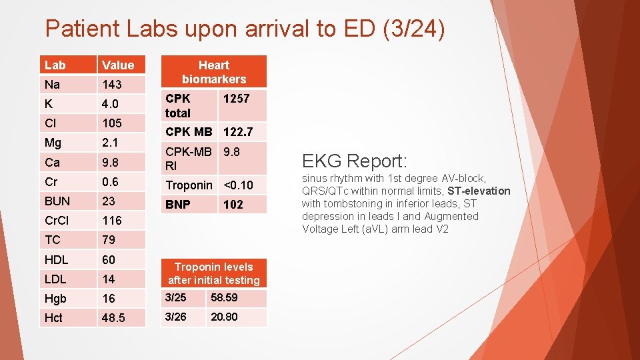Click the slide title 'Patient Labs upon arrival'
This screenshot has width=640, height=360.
tap(244, 28)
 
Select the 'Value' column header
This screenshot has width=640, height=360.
tap(118, 65)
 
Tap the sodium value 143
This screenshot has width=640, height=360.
tap(112, 85)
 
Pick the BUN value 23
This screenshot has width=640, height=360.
tap(109, 201)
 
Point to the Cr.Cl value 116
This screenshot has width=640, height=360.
tap(111, 220)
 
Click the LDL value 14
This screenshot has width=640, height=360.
tap(109, 279)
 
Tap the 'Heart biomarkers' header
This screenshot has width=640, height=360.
tap(214, 72)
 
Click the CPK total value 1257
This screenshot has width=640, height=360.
tap(236, 99)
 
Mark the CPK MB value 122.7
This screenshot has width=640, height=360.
tap(238, 131)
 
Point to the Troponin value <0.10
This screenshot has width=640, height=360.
tap(238, 185)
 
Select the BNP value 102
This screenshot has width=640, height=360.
tap(233, 205)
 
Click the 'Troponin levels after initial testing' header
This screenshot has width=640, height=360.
tap(214, 273)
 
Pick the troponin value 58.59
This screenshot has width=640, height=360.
tap(224, 298)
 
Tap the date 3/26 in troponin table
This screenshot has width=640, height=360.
tap(175, 317)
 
